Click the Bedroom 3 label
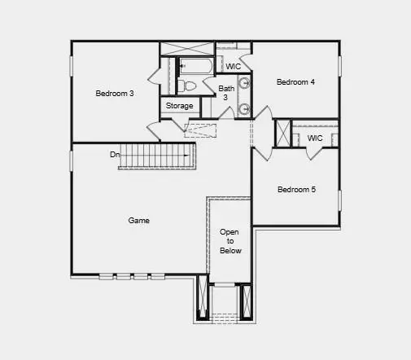click(115, 94)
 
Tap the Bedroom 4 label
click(295, 81)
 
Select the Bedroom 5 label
click(296, 190)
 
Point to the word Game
click(139, 220)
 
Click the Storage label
click(180, 106)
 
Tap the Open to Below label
click(230, 241)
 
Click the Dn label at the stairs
click(116, 154)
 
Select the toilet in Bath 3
click(187, 84)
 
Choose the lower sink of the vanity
click(243, 108)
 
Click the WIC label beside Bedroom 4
click(233, 66)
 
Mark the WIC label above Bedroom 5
click(314, 138)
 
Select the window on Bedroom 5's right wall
click(340, 199)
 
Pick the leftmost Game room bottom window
click(106, 276)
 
